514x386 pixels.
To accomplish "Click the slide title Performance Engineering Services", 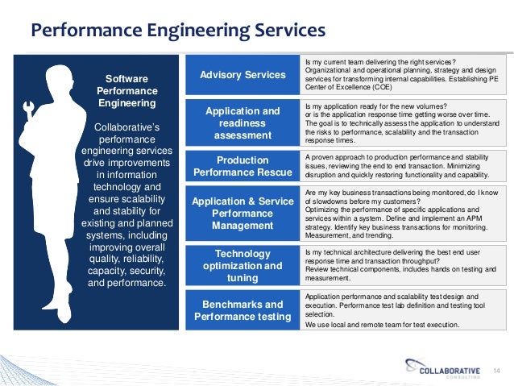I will (x=177, y=31).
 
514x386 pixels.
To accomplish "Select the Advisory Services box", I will (x=242, y=75).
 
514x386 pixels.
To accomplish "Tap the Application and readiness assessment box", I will (x=242, y=122).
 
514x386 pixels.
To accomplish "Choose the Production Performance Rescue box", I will (x=242, y=166).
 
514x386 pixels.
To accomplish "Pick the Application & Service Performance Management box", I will (x=242, y=214).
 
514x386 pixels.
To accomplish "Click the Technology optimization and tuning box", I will (x=242, y=265).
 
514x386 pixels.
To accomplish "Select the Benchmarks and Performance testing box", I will (x=242, y=310).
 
